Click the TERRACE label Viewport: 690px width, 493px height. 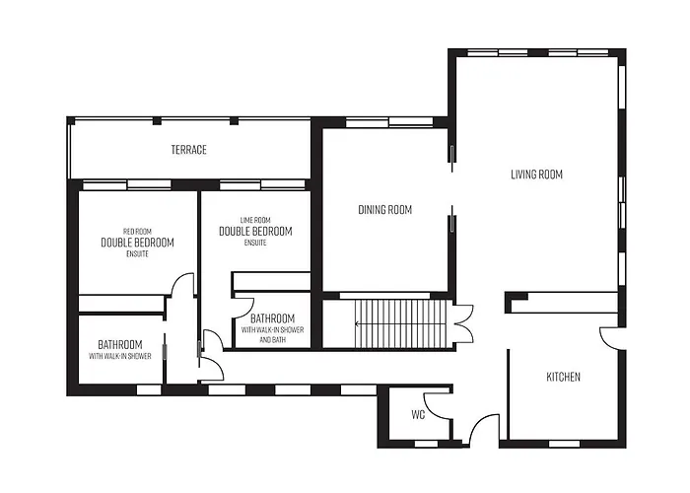(x=189, y=150)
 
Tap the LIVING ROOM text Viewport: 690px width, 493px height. (x=536, y=175)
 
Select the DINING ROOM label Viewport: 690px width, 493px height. (x=385, y=209)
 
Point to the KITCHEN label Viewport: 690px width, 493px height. (x=563, y=377)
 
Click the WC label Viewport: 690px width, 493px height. (x=418, y=415)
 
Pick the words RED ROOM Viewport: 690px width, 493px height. (x=137, y=231)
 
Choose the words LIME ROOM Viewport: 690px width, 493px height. (x=255, y=220)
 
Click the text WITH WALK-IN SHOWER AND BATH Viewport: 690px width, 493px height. (x=272, y=334)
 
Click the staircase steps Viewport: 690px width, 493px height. (x=400, y=323)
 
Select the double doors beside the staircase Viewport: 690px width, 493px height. (x=464, y=324)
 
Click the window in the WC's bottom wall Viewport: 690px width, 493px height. (x=427, y=444)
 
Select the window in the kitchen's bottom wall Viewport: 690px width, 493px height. (x=564, y=444)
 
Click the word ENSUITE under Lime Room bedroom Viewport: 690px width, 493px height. (x=255, y=243)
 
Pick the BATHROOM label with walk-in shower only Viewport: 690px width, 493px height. (x=119, y=345)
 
